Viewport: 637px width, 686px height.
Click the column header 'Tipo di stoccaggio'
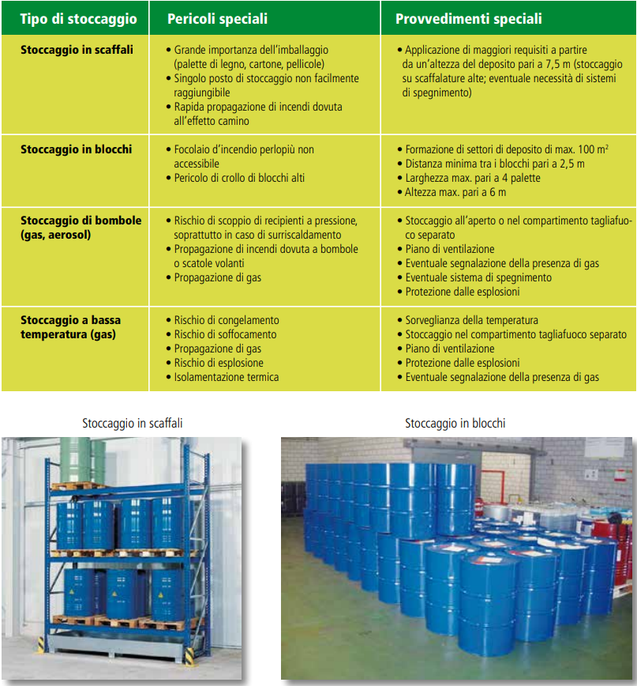coord(78,19)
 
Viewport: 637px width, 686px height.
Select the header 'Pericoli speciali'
coord(217,19)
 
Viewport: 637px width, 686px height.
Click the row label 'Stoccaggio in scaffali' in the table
coord(77,49)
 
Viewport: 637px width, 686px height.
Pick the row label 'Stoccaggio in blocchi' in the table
coord(76,149)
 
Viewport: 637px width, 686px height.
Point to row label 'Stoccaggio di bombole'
coord(81,220)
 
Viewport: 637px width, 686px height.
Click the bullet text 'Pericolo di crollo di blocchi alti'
coord(239,178)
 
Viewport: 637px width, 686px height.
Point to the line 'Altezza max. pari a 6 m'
coord(455,192)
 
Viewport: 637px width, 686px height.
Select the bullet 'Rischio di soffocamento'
coord(225,334)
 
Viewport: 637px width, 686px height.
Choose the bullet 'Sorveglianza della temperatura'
coord(471,320)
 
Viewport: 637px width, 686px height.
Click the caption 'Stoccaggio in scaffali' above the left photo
coord(133,424)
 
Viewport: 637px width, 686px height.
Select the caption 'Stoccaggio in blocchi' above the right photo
coord(455,424)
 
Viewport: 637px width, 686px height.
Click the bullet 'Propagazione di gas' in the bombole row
coord(217,277)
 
